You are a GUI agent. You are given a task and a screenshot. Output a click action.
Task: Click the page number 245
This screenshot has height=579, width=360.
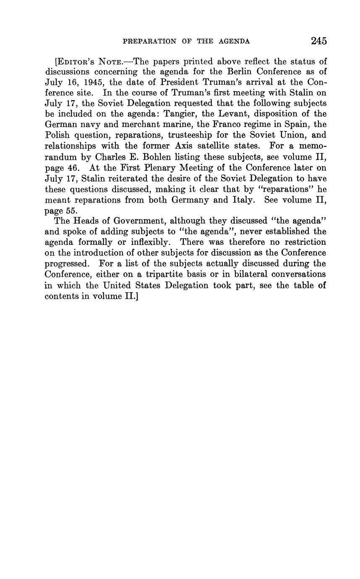(x=318, y=41)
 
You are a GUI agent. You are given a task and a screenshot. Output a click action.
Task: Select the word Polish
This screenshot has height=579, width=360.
(x=57, y=135)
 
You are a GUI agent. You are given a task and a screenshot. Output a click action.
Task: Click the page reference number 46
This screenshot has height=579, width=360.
(x=72, y=167)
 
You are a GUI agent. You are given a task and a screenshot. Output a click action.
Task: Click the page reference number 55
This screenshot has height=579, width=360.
(x=71, y=211)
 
